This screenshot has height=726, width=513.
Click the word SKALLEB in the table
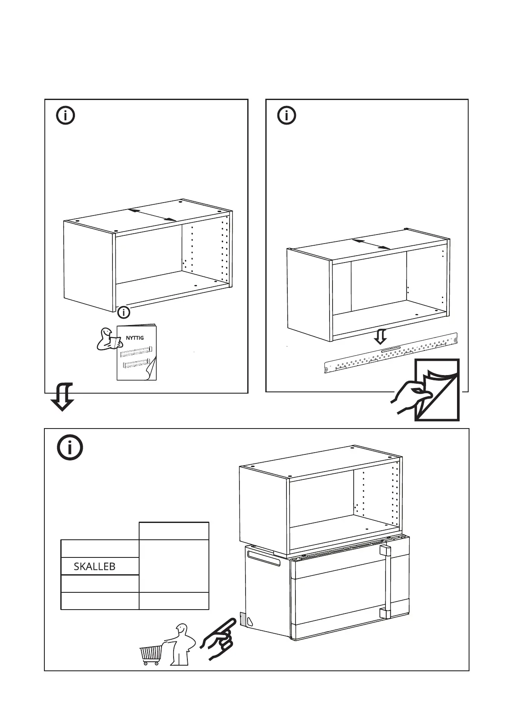tap(94, 566)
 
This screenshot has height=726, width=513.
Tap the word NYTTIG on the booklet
tap(135, 338)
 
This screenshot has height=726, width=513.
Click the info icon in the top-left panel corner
tap(65, 116)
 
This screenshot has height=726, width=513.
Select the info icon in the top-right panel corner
tap(287, 116)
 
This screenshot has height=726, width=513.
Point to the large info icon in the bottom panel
tap(69, 448)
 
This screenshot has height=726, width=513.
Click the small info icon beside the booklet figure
tap(124, 312)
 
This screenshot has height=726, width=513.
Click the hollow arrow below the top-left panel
tap(62, 397)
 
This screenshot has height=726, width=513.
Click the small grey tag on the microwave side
tap(242, 620)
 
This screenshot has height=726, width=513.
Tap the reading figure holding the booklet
tap(106, 339)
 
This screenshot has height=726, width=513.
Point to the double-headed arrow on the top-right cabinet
tap(372, 244)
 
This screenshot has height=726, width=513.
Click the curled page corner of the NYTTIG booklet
tap(150, 369)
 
